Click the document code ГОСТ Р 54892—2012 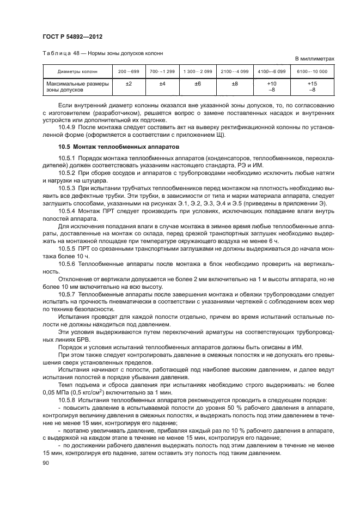coord(72,37)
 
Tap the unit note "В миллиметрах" coord(314,58)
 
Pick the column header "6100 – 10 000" coord(312,72)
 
